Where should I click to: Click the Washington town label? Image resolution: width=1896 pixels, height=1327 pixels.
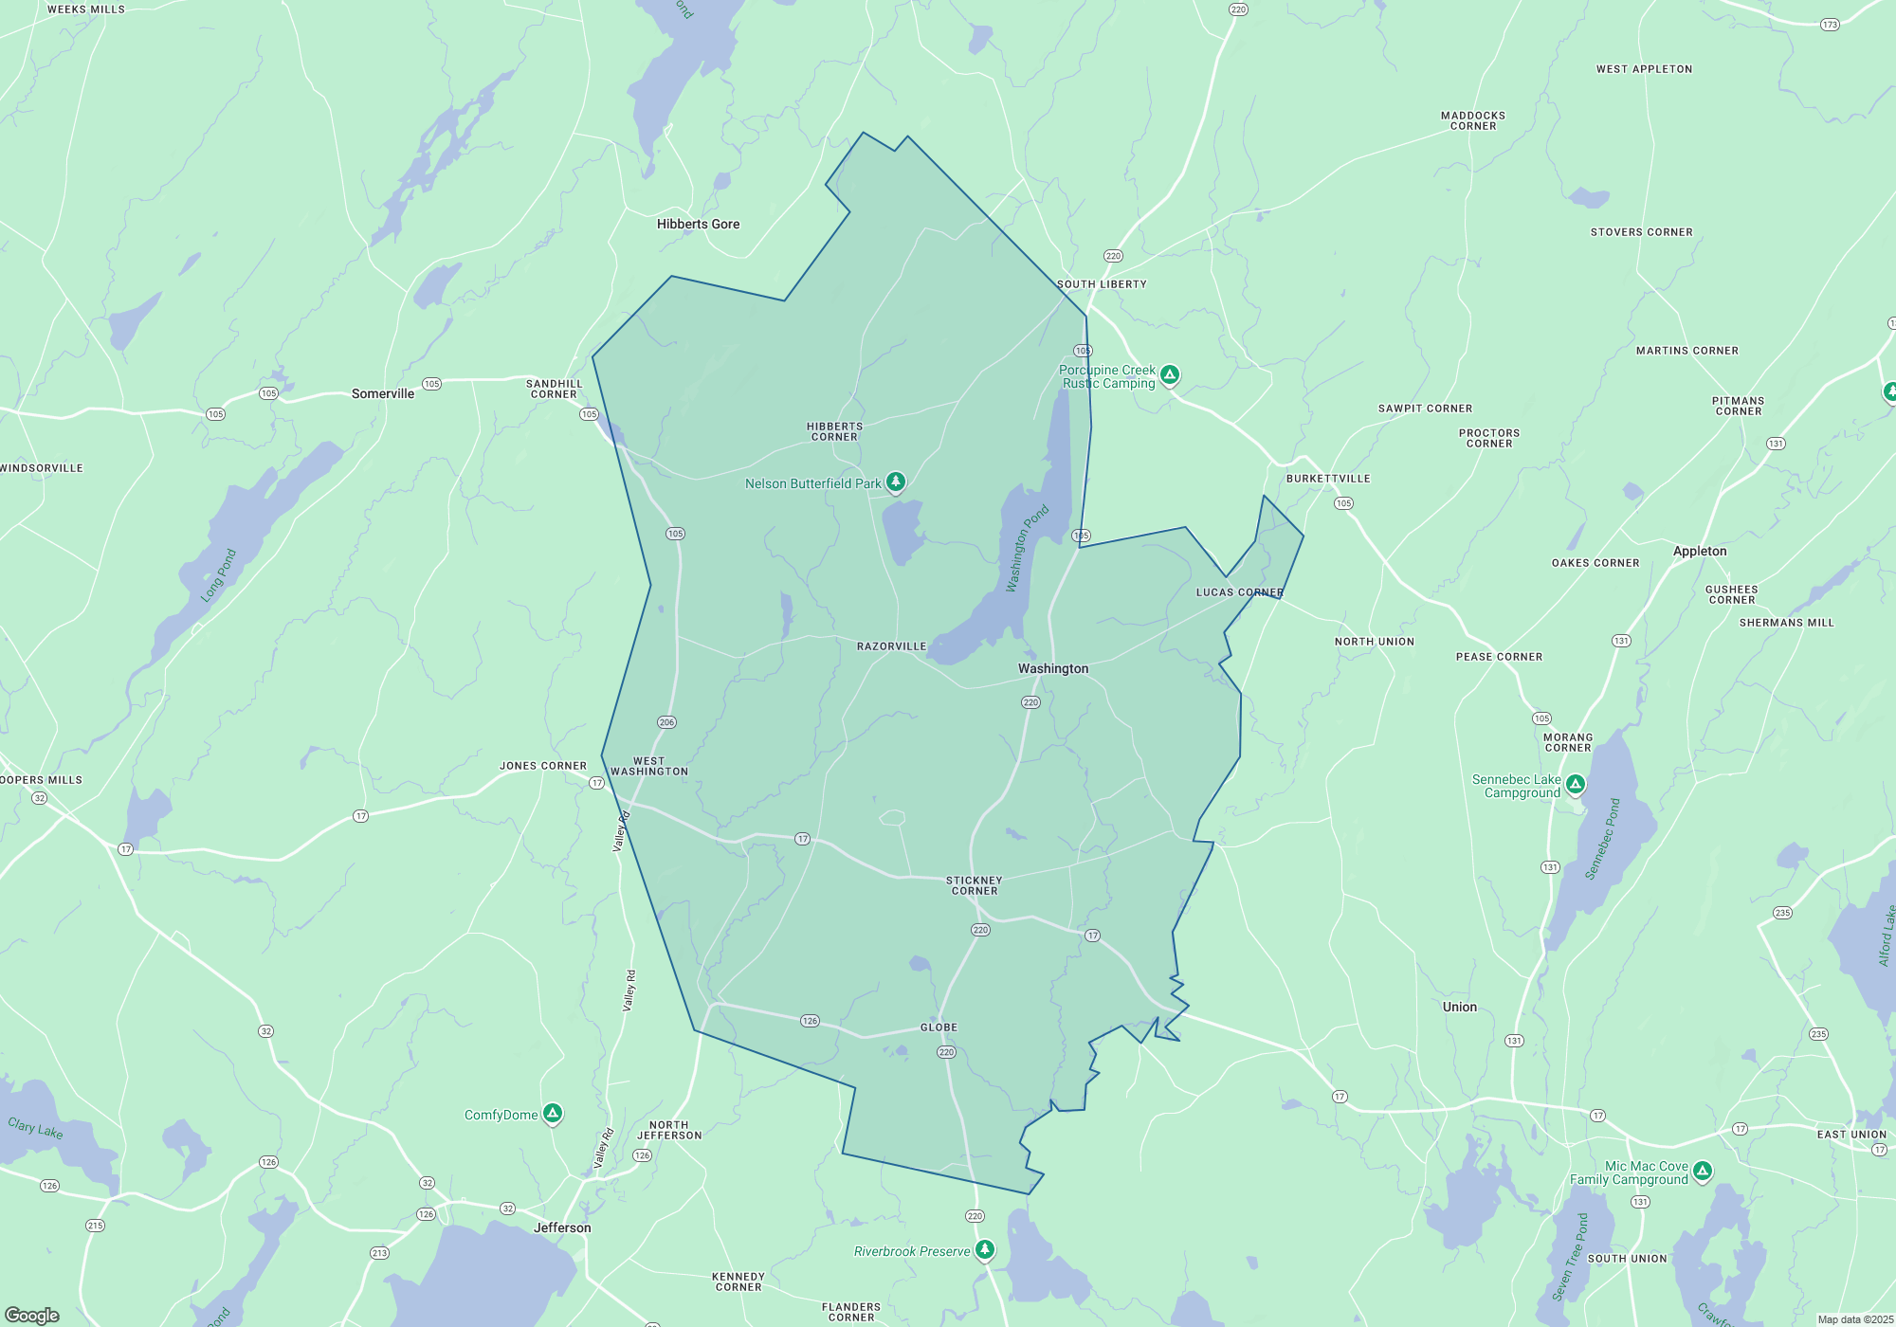point(1053,668)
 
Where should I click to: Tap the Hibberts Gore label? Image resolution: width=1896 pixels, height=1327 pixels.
point(698,224)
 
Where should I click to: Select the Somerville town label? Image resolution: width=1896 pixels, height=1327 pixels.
point(383,393)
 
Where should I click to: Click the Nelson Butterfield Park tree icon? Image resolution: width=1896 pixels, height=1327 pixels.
point(895,482)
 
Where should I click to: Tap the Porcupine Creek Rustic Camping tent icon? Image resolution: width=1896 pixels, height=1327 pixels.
point(1170,374)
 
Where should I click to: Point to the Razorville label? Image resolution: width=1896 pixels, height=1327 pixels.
point(891,646)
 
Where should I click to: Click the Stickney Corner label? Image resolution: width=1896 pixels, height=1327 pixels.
point(975,885)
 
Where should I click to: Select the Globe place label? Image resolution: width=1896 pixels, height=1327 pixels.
point(939,1027)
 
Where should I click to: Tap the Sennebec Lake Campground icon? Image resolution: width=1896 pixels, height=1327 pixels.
point(1575,784)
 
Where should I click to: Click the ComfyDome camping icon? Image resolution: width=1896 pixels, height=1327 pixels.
point(553,1113)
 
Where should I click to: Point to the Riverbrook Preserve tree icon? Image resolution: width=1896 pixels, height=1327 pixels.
point(985,1249)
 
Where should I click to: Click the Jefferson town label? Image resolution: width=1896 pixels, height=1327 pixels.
point(562,1227)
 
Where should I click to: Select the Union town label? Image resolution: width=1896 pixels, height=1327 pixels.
point(1460,1007)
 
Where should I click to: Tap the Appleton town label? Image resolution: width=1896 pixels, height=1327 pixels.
point(1700,551)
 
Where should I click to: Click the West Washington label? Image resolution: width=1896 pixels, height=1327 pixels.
point(649,766)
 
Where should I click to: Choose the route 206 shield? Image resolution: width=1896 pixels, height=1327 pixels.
point(666,722)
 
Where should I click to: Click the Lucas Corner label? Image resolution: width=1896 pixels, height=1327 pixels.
point(1239,592)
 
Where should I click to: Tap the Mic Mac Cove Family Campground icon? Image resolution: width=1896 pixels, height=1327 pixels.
point(1703,1171)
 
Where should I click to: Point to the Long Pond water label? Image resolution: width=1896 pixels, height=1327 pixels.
point(218,575)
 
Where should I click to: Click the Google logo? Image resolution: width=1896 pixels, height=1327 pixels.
point(32,1316)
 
